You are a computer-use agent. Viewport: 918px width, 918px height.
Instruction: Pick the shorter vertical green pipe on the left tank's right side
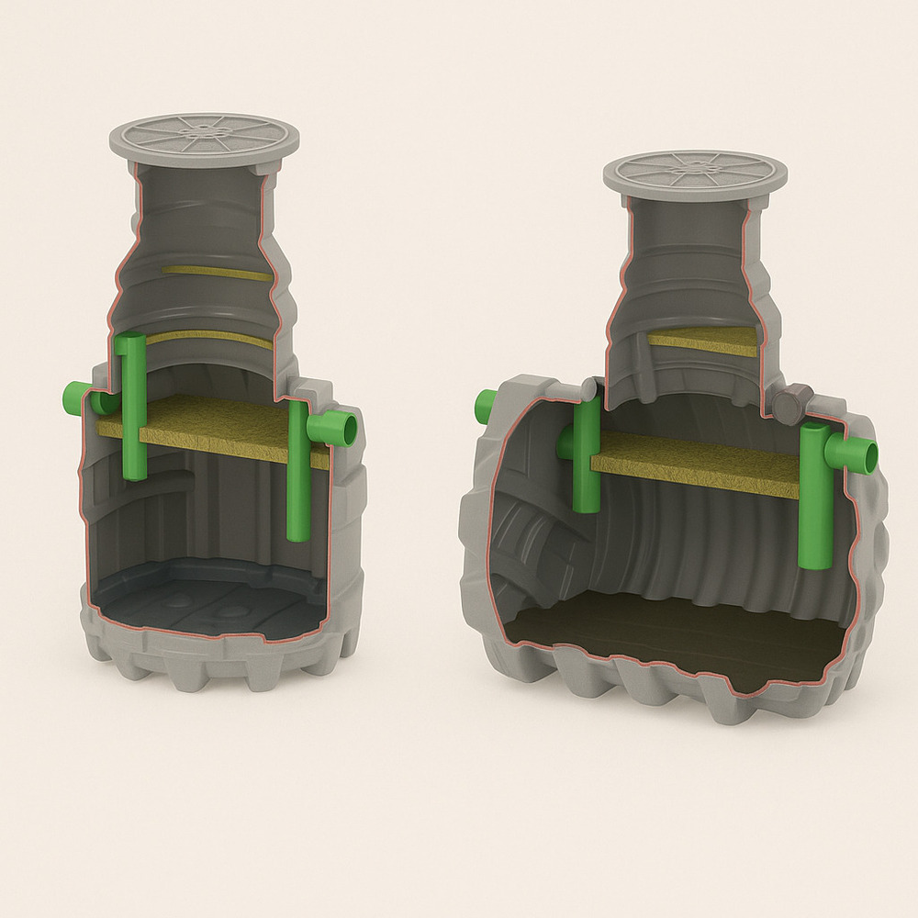297,473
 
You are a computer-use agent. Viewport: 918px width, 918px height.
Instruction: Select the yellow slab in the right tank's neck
703,341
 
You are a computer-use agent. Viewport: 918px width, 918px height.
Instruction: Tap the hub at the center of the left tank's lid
203,132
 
